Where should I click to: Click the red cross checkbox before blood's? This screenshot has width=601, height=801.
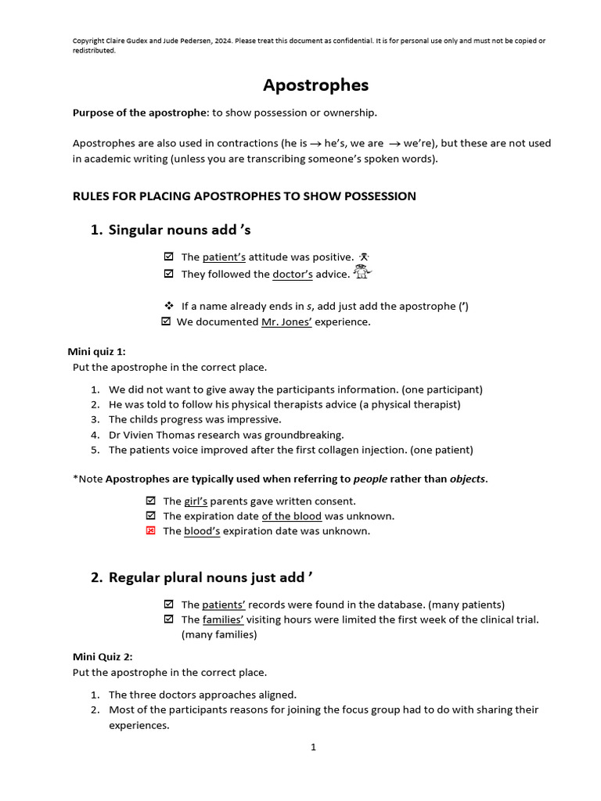151,530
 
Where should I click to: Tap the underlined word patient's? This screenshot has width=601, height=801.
224,257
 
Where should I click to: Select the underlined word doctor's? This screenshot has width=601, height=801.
292,274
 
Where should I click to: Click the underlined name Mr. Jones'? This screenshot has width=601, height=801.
286,321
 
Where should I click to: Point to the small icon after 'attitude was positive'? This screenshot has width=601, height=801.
364,257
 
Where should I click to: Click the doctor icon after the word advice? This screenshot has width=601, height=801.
362,273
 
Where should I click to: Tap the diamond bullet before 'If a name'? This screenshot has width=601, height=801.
168,306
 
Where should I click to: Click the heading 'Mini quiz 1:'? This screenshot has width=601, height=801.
99,351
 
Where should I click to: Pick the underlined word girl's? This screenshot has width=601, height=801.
194,501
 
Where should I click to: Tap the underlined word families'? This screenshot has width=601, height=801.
223,619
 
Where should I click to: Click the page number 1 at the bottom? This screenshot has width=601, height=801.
313,747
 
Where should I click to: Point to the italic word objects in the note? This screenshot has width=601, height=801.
467,479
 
